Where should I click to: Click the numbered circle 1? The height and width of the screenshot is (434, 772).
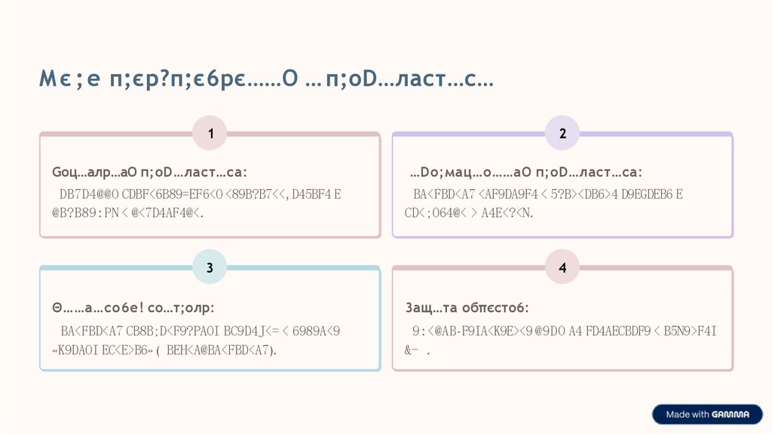coord(211,134)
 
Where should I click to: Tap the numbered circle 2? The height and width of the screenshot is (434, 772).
coord(562,134)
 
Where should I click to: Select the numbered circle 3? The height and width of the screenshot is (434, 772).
coord(211,267)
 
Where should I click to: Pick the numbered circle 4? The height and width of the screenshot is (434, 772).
coord(562,267)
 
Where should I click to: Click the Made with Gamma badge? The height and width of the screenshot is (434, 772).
coord(706,414)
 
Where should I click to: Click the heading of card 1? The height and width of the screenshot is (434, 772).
coord(149,173)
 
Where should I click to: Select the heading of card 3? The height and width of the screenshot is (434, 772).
coord(133,307)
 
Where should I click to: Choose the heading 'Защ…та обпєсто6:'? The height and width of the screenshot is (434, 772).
coord(467,307)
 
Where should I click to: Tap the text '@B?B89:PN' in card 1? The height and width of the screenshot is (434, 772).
coord(84,213)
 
